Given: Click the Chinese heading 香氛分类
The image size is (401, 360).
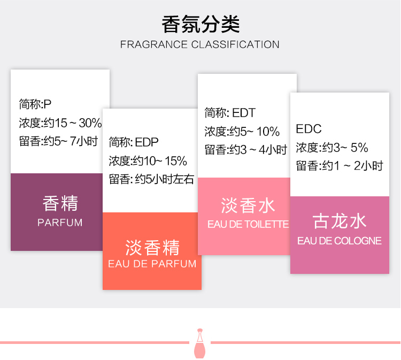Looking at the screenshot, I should coord(200,24).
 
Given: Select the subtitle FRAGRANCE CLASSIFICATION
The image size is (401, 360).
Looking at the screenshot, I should coord(200,44).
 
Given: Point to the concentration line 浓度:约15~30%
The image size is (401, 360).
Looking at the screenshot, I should coord(60,123).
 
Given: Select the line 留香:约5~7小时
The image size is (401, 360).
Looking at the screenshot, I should coord(58,142).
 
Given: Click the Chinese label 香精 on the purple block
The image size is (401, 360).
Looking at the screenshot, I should coord(60,203).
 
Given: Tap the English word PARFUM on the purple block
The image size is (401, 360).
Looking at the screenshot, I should coord(60,223).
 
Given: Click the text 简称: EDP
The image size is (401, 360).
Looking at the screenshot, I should coord(134,142).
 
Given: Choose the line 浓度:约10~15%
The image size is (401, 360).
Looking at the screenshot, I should coord(148,160).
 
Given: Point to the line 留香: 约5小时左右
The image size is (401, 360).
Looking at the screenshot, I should coord(151,179).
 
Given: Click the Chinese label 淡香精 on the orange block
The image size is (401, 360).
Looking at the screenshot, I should coord(152,247).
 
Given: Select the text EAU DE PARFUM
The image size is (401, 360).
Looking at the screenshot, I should coord(152,264).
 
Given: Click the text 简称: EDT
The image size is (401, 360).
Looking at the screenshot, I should coord(230,113).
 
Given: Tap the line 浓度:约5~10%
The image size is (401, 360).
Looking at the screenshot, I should coord(242,132).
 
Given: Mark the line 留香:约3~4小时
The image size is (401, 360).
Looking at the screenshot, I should coord(245,150).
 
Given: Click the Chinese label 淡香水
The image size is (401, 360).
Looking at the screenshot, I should coord(248,205).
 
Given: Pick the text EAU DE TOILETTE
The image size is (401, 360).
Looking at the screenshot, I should coord(248,224).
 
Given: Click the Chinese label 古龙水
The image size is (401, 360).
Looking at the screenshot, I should coord(340,221).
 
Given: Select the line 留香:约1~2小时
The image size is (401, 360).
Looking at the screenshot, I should coord(340,166).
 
